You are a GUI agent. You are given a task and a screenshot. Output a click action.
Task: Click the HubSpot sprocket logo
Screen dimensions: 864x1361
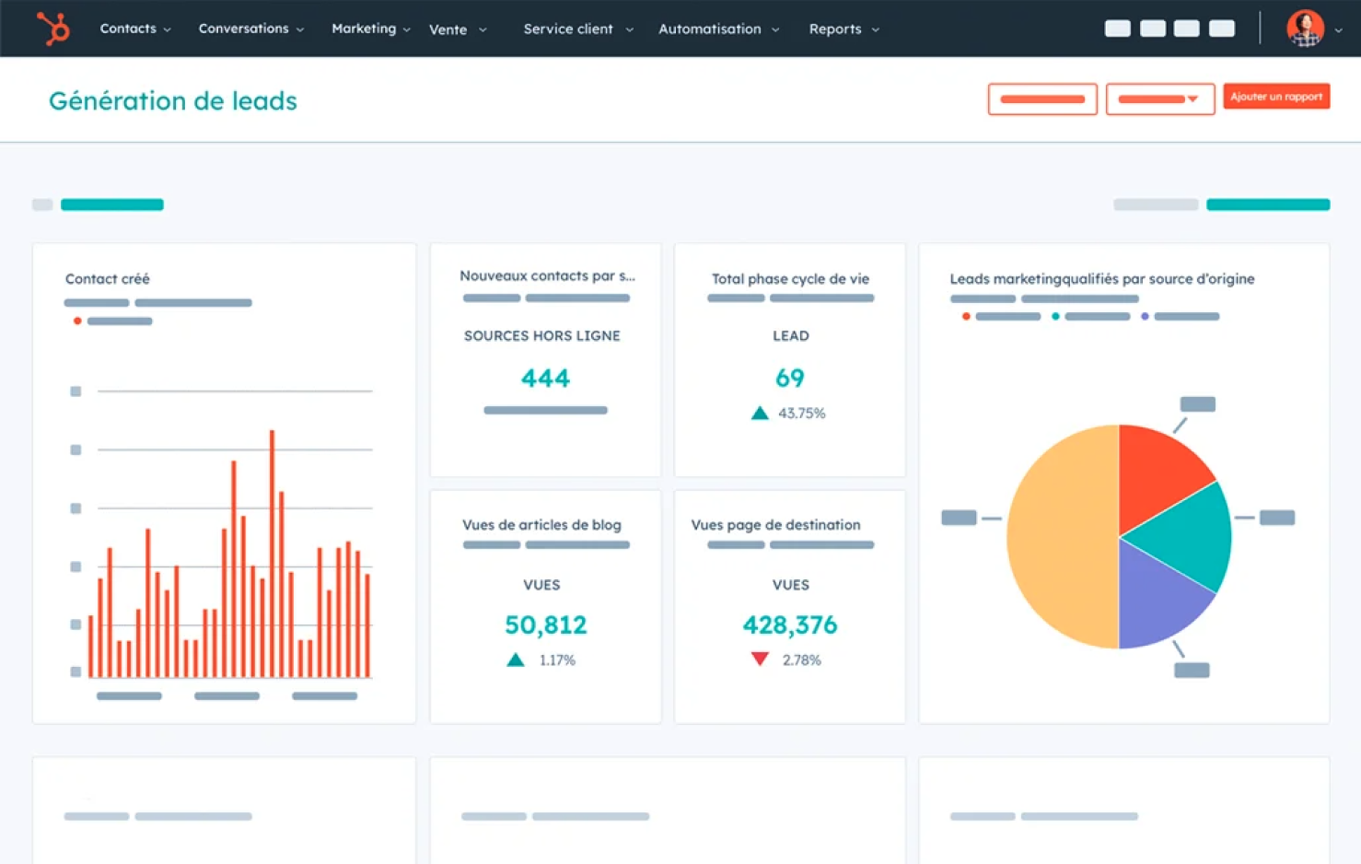(x=53, y=29)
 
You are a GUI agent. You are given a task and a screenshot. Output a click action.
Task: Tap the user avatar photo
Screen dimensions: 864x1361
(x=1305, y=29)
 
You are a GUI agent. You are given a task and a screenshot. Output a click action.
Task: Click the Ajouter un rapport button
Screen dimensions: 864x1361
(x=1275, y=97)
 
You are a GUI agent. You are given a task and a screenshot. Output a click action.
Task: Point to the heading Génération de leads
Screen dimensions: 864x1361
(x=173, y=100)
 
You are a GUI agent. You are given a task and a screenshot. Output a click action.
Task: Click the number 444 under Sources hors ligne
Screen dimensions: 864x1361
(x=545, y=378)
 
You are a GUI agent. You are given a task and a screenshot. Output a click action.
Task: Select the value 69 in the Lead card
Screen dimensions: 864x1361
(x=789, y=378)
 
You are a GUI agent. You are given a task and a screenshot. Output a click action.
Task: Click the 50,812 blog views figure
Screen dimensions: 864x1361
(x=545, y=625)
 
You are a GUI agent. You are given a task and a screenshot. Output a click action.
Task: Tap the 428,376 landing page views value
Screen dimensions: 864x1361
(x=789, y=625)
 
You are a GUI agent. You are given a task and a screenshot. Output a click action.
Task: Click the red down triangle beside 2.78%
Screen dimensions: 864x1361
(x=760, y=659)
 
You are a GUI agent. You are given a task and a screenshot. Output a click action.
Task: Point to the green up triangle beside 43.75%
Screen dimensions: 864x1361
(x=760, y=414)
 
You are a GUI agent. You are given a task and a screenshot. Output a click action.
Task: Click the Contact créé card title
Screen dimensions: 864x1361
(x=107, y=278)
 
